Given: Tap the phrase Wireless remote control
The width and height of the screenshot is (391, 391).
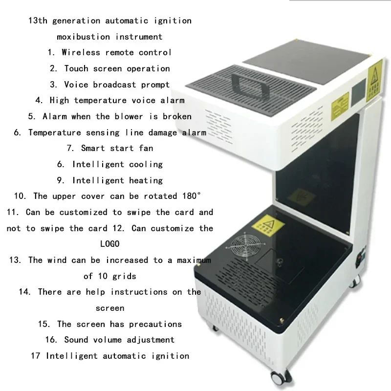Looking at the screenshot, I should [116, 52].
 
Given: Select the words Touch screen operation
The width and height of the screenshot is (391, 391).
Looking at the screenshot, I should [117, 68].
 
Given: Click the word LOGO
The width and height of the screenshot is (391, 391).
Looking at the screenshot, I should [109, 243].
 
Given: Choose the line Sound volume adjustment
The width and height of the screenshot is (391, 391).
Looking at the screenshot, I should [119, 339].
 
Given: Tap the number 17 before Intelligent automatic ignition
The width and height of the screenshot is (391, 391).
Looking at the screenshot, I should [35, 355].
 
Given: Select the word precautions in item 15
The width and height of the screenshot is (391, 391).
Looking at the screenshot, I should [155, 324].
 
